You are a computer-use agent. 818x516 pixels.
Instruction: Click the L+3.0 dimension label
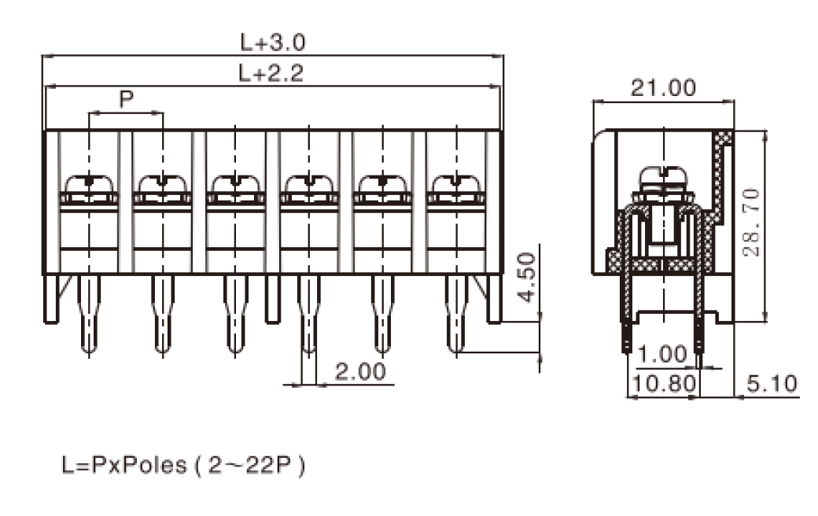pos(273,42)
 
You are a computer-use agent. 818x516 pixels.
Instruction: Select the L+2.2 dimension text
pos(271,73)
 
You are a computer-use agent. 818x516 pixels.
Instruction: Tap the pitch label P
pos(127,98)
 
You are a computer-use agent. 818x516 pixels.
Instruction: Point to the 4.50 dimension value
pos(528,278)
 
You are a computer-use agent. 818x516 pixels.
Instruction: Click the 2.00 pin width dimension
pos(360,371)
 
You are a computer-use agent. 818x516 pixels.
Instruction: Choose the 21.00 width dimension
pos(663,87)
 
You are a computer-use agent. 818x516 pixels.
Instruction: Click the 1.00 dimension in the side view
pos(662,354)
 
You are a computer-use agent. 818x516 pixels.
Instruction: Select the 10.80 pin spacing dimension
pos(664,384)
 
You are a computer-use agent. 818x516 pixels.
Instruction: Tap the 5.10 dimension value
pos(772,384)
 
